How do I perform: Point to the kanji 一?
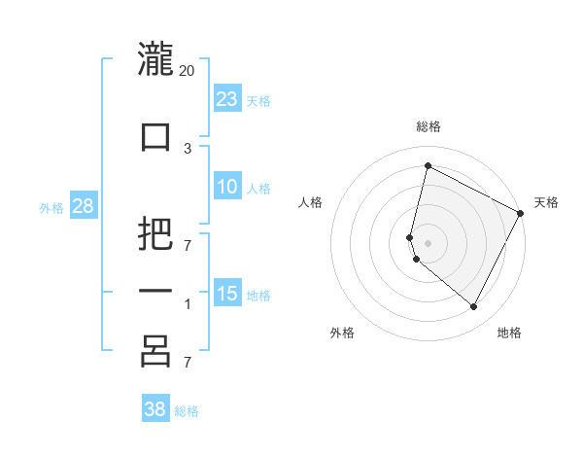pyautogui.click(x=155, y=292)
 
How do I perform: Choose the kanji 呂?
pyautogui.click(x=155, y=351)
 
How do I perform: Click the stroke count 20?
pyautogui.click(x=188, y=70)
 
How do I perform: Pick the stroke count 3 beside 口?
pyautogui.click(x=188, y=148)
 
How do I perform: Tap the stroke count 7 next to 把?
pyautogui.click(x=188, y=244)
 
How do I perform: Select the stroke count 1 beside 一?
pyautogui.click(x=188, y=304)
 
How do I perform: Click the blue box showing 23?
pyautogui.click(x=226, y=99)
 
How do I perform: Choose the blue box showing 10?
pyautogui.click(x=226, y=187)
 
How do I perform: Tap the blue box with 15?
pyautogui.click(x=226, y=294)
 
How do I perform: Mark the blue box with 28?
pyautogui.click(x=83, y=206)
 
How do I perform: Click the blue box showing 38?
pyautogui.click(x=154, y=409)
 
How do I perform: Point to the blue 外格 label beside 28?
pyautogui.click(x=51, y=207)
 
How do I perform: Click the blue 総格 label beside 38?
pyautogui.click(x=187, y=410)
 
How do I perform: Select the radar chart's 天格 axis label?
pyautogui.click(x=546, y=202)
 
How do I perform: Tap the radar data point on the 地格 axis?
pyautogui.click(x=473, y=307)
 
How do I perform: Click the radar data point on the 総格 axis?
pyautogui.click(x=428, y=166)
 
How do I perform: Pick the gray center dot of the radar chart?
pyautogui.click(x=428, y=242)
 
